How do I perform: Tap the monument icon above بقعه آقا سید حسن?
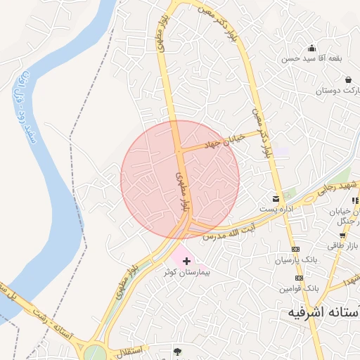coord(311,48)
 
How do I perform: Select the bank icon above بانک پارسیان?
coord(295,249)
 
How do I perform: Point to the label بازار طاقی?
coord(342,246)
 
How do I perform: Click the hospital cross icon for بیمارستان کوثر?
coord(186,261)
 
